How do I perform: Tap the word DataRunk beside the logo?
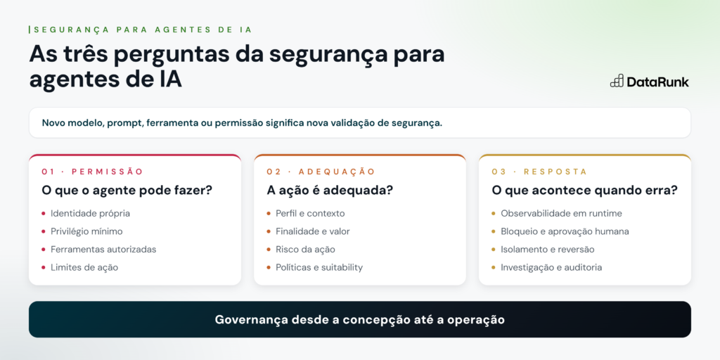tap(658, 82)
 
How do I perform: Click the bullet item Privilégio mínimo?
tap(86, 231)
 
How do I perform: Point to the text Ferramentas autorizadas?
tap(103, 250)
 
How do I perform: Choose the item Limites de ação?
tap(84, 268)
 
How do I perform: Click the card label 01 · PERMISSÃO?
tap(92, 172)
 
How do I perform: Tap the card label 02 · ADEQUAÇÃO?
tap(321, 172)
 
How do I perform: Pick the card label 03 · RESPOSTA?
tap(539, 172)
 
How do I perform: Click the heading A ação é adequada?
tap(330, 190)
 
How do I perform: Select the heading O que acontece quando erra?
tap(584, 190)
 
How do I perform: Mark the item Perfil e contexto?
tap(310, 214)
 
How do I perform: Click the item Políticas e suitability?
tap(319, 268)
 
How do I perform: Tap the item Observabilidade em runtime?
tap(562, 214)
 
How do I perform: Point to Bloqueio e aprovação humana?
tap(565, 231)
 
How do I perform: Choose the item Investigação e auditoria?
tap(551, 268)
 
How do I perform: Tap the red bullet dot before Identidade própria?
tap(44, 214)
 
